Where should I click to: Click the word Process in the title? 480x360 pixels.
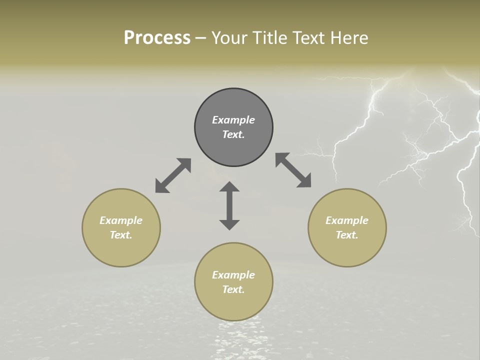(x=157, y=38)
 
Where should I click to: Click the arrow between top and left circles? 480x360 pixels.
(x=173, y=175)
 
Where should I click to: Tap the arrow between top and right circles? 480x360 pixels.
(x=293, y=170)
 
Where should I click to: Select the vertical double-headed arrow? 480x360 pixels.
(x=229, y=205)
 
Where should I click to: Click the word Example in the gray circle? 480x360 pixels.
(x=233, y=120)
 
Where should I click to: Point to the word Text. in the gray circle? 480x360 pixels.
(x=233, y=134)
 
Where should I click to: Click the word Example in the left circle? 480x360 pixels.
(x=121, y=220)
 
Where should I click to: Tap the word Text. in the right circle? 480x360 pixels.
(x=347, y=235)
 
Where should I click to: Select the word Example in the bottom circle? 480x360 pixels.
(x=233, y=275)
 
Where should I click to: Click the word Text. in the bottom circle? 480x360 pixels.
(x=233, y=289)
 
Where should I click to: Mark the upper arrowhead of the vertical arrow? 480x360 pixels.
(x=229, y=187)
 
